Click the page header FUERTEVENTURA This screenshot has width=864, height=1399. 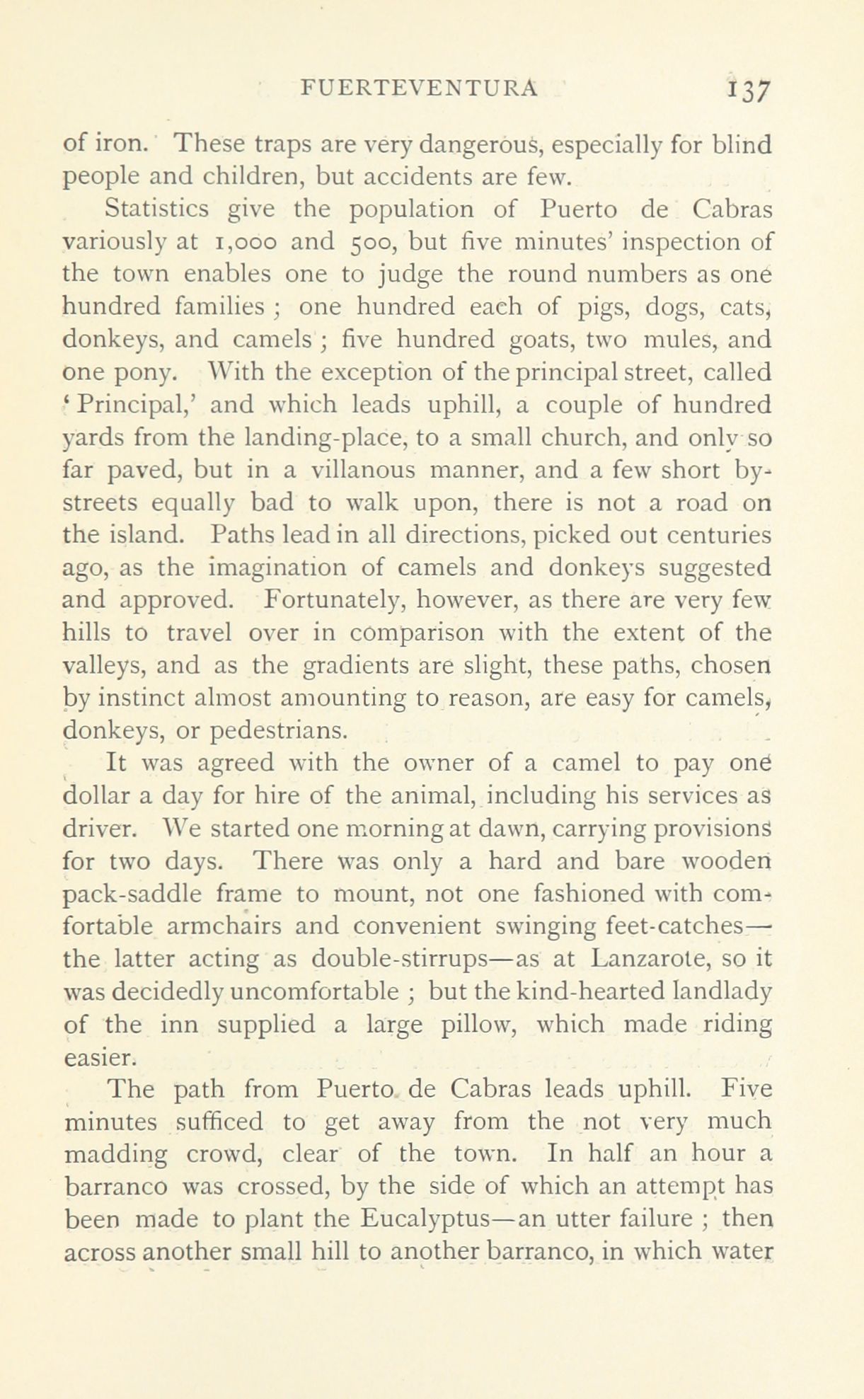[420, 88]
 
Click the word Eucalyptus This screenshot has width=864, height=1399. [442, 1221]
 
